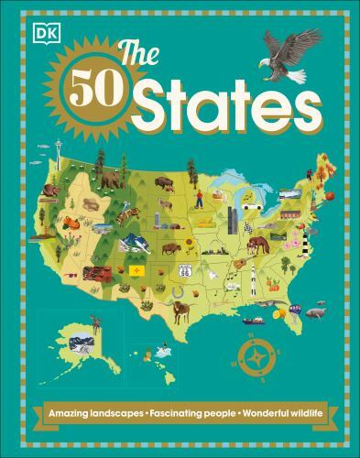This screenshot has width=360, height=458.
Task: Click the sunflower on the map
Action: (190, 242)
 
